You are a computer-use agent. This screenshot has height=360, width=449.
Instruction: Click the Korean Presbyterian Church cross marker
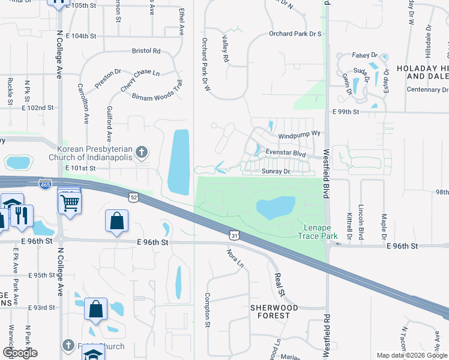141,152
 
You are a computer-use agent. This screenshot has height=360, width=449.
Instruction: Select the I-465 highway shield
44,184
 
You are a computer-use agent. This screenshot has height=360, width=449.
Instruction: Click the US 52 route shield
133,197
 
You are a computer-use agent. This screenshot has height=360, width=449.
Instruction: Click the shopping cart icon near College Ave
70,203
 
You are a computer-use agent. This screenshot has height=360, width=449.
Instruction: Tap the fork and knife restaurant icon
22,215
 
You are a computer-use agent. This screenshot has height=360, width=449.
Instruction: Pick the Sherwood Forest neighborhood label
274,311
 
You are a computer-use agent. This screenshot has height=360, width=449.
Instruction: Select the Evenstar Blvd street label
286,154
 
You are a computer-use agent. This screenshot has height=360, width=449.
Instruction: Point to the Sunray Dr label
276,171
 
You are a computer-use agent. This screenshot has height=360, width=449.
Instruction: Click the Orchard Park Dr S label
295,34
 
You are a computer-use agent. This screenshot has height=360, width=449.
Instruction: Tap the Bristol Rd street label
147,52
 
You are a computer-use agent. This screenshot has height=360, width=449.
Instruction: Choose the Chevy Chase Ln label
140,80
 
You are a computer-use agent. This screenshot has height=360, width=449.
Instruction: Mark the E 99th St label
345,112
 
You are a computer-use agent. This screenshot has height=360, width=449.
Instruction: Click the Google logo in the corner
20,352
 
